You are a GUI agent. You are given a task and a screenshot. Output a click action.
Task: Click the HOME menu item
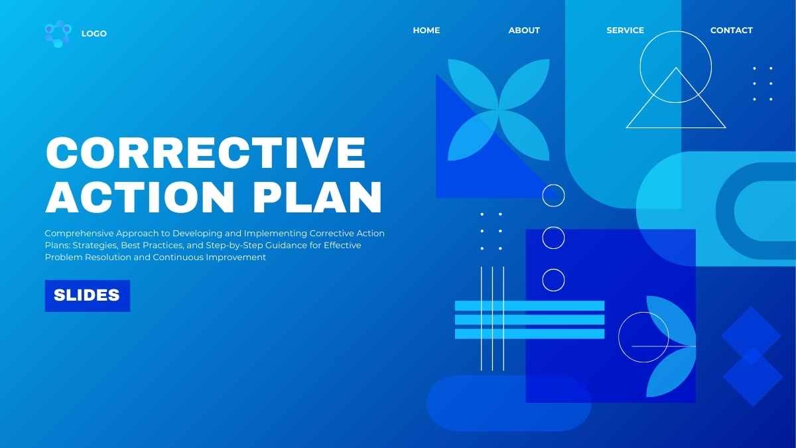coord(426,30)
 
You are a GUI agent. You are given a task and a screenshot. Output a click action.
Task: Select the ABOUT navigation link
coord(524,30)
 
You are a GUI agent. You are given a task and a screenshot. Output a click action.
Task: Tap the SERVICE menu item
coord(625,30)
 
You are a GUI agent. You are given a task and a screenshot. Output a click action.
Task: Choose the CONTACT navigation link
coord(731,30)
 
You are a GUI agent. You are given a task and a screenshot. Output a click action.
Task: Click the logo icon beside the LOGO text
coord(57,34)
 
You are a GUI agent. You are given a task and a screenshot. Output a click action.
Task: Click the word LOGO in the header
coord(94,34)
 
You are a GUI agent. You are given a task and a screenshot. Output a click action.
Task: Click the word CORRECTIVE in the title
coord(206,153)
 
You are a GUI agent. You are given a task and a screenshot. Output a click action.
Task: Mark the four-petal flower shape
coord(498,110)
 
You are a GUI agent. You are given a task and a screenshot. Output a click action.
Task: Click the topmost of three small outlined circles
coord(553,196)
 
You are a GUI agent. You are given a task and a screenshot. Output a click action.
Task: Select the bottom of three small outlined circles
coord(553,279)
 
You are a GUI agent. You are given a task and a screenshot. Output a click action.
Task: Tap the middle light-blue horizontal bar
coord(529,320)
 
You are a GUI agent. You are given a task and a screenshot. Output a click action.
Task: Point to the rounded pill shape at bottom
coord(509,403)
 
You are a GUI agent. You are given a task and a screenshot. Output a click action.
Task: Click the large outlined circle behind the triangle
coord(675,50)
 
